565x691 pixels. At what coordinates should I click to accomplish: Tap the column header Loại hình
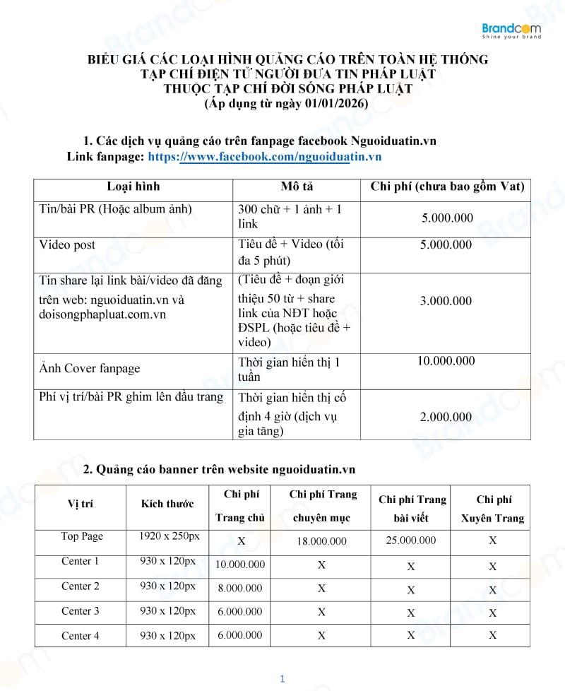[x=133, y=187]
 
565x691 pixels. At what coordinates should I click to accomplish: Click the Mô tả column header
[x=297, y=187]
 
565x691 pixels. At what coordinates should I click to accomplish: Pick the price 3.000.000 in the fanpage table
[x=446, y=301]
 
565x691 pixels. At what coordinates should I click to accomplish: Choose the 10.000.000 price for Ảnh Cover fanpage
[x=446, y=361]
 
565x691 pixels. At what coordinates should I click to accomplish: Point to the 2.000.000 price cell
[x=446, y=417]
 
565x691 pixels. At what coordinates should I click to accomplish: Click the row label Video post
[x=67, y=245]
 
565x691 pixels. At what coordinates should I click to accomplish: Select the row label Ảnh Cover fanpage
[x=90, y=368]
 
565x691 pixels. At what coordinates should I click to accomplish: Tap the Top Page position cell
[x=82, y=537]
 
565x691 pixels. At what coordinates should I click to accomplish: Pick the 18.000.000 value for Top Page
[x=321, y=541]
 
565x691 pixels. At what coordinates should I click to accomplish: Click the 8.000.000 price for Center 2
[x=239, y=588]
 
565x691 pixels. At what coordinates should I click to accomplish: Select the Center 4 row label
[x=81, y=636]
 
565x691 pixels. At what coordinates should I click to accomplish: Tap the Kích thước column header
[x=167, y=504]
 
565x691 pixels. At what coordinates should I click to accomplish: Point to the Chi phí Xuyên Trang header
[x=492, y=509]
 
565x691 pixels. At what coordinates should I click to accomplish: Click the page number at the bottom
[x=282, y=679]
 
